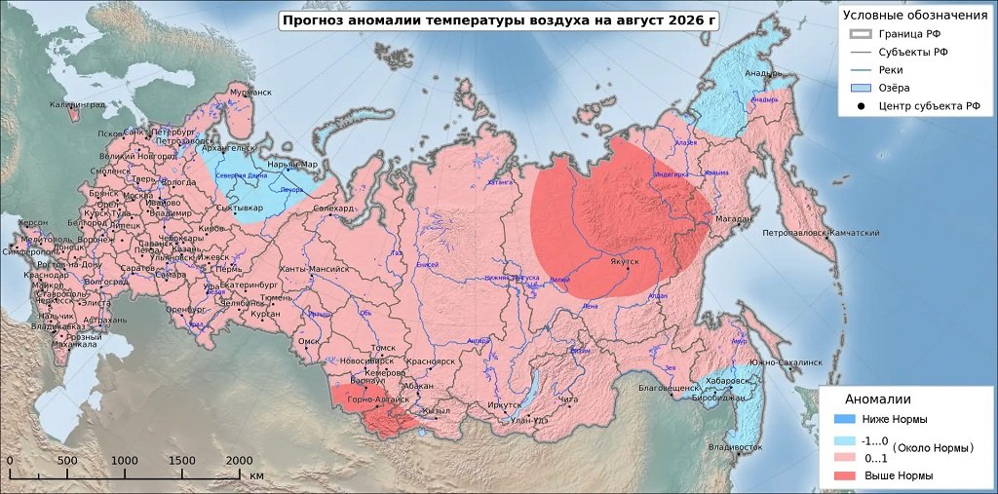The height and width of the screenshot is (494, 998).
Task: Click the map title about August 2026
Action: [x=498, y=20]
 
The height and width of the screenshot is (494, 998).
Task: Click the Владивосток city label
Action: [x=735, y=447]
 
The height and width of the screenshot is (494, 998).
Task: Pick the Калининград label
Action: [x=77, y=104]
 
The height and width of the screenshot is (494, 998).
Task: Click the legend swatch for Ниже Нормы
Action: [x=846, y=419]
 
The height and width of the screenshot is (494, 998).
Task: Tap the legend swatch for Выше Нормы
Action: [x=846, y=475]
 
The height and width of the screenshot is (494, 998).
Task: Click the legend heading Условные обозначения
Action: [x=914, y=15]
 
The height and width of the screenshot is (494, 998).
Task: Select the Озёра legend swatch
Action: [x=858, y=88]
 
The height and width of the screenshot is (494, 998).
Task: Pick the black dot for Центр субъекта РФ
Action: [x=858, y=106]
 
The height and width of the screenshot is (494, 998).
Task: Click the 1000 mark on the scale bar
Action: [x=124, y=460]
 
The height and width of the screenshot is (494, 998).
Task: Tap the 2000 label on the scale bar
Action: [x=239, y=460]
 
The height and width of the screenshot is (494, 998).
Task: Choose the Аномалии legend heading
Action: [x=877, y=399]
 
